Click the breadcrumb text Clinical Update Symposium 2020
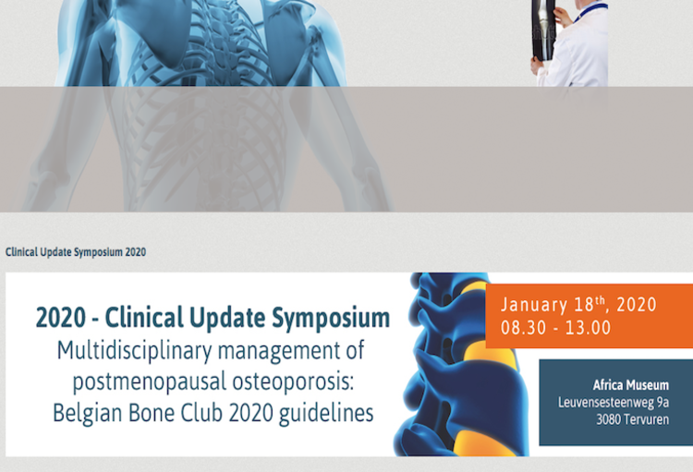pos(76,252)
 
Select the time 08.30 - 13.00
pos(555,327)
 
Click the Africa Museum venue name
pos(630,385)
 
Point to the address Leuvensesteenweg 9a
pos(614,402)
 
